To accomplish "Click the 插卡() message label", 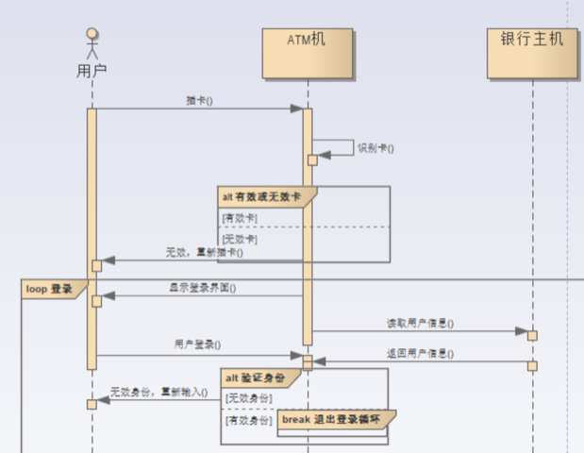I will point(199,100).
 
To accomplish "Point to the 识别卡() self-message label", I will point(375,148).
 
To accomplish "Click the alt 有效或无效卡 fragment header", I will point(261,196).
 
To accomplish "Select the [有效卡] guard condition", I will point(240,218).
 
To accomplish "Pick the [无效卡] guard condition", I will point(240,239).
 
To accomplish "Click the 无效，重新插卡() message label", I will point(204,252).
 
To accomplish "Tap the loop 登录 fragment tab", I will point(49,289).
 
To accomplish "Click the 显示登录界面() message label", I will point(203,288).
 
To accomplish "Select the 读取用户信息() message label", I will point(420,323).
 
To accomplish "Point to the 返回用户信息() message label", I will point(420,354).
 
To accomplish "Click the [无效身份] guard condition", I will point(247,397).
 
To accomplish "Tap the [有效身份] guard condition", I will point(247,418).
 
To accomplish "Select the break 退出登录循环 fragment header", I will point(331,417).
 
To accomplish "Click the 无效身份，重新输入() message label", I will point(158,392).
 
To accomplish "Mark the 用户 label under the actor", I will point(92,70).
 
